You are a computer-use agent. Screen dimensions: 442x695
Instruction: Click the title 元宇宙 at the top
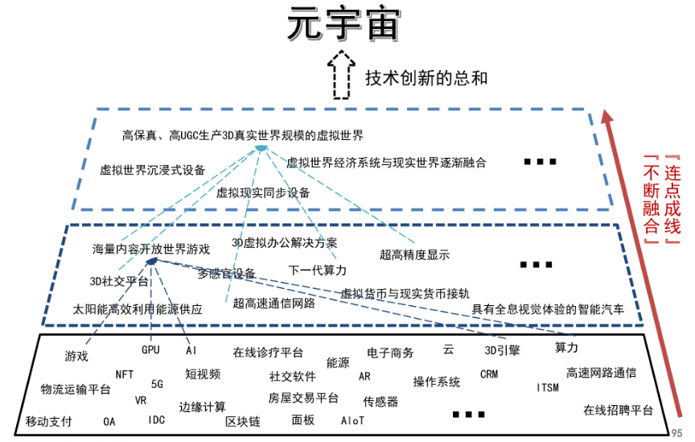click(343, 27)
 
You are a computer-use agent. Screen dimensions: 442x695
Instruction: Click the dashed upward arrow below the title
click(342, 75)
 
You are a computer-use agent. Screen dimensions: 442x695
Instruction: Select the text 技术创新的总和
click(426, 78)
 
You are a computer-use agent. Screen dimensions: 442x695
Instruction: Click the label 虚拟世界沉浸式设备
click(152, 170)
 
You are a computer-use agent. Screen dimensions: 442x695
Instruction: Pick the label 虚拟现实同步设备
click(263, 192)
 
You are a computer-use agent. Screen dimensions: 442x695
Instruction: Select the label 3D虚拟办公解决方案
click(285, 242)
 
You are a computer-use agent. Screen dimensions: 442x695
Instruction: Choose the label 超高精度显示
click(414, 254)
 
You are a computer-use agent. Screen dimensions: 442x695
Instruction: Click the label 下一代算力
click(318, 269)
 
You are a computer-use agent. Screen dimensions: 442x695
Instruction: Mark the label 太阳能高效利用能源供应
click(138, 308)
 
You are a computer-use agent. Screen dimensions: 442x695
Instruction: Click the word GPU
click(150, 350)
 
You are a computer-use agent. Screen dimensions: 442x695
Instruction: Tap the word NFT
click(125, 374)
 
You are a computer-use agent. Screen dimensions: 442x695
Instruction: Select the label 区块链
click(242, 421)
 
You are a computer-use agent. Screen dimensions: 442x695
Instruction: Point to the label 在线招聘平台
click(618, 410)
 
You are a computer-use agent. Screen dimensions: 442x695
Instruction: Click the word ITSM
click(548, 388)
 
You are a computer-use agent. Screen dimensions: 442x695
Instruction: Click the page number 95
click(678, 432)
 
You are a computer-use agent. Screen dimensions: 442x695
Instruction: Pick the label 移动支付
click(48, 421)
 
